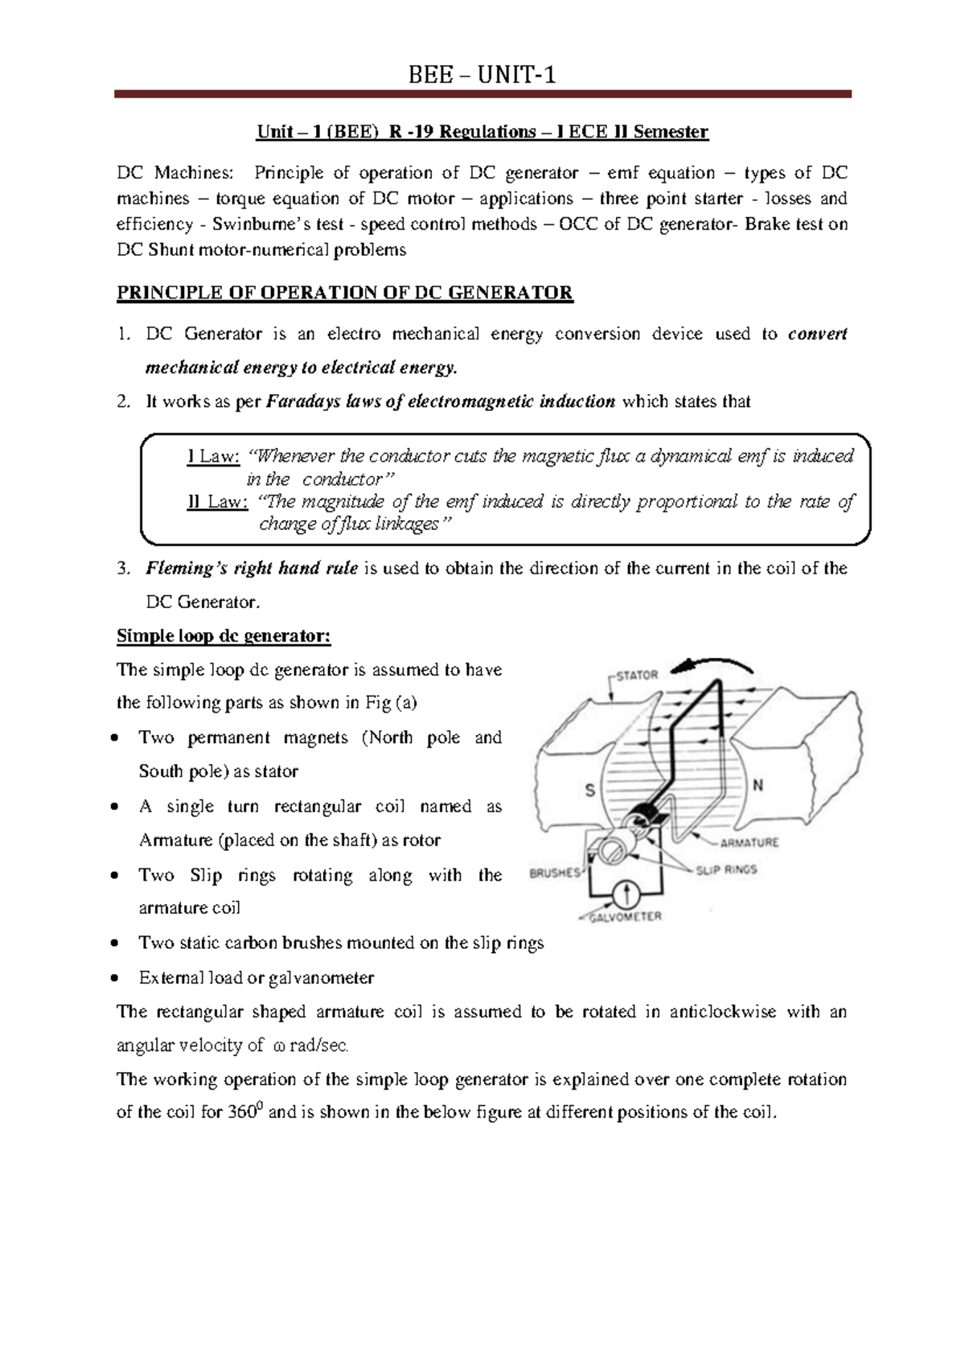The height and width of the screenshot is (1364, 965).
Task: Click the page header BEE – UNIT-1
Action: [x=482, y=76]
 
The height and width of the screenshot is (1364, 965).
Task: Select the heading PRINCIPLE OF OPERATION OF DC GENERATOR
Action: [x=344, y=293]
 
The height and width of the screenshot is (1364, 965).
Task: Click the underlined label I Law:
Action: [x=213, y=457]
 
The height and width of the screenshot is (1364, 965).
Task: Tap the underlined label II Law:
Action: [x=216, y=502]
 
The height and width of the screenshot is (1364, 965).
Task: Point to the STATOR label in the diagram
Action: [x=637, y=676]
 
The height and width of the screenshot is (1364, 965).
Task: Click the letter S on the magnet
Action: [x=589, y=790]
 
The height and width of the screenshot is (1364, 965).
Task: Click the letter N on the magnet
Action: [x=758, y=785]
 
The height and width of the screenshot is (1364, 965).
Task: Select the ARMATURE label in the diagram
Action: [x=749, y=843]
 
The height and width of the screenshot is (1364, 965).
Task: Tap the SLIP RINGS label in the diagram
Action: [x=726, y=869]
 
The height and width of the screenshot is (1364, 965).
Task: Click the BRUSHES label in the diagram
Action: [x=554, y=873]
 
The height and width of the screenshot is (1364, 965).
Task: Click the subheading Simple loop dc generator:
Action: [x=224, y=636]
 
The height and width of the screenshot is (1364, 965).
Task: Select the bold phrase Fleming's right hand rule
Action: [x=251, y=569]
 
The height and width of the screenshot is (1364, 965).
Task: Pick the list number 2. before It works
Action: [x=123, y=401]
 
